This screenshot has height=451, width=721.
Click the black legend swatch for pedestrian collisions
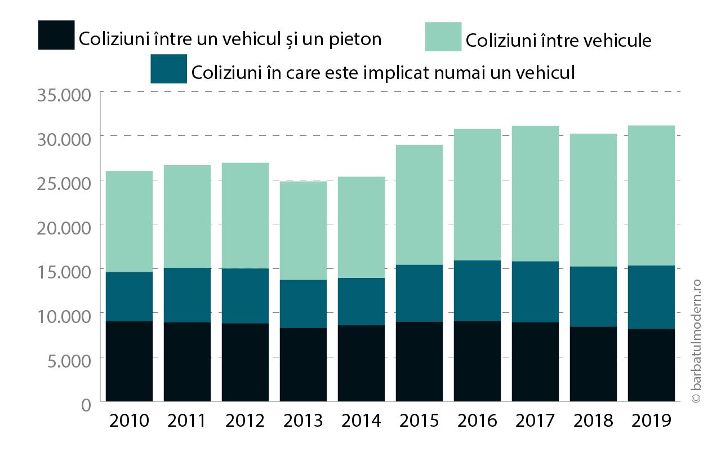click(56, 35)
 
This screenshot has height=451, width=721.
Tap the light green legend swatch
click(443, 37)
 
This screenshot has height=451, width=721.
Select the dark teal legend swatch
click(168, 69)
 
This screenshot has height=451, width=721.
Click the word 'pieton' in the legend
click(355, 39)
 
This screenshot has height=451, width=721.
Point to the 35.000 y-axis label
click(64, 95)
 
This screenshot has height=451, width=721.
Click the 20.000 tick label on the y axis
click(64, 228)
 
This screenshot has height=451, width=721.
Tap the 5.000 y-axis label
click(69, 361)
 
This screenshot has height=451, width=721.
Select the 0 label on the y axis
click(86, 405)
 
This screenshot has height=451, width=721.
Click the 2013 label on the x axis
click(303, 421)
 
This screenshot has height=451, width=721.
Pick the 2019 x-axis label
click(651, 421)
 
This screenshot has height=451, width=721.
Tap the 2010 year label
click(129, 421)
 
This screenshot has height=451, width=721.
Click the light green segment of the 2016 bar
click(477, 194)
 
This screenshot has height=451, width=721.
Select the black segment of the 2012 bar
click(245, 362)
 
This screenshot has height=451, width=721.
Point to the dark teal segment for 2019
click(651, 297)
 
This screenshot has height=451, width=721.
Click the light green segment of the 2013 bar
click(303, 231)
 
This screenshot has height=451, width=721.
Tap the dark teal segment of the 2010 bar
click(129, 297)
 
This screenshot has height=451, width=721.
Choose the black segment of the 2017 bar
click(535, 362)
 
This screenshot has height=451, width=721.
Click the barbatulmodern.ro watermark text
click(696, 341)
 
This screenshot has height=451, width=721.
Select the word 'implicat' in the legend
click(397, 73)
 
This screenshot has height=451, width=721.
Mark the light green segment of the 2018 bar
click(593, 200)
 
